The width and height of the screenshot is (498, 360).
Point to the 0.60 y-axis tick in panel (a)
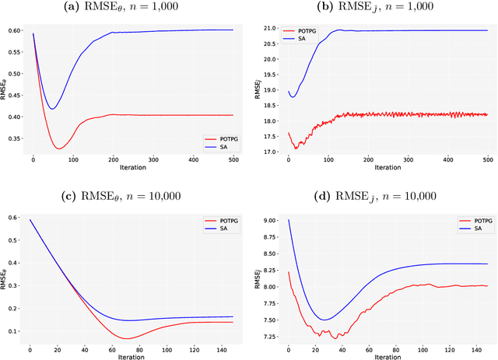[x=16, y=30]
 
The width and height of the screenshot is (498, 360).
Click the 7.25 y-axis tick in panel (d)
[x=272, y=336]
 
